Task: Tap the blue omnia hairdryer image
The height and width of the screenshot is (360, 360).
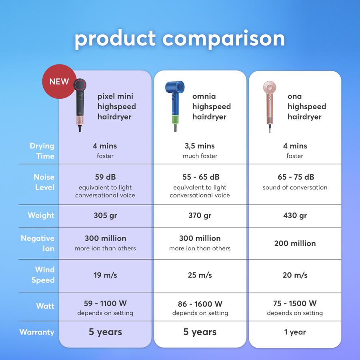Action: coord(175,106)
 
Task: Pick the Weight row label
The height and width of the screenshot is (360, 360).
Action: coord(41,215)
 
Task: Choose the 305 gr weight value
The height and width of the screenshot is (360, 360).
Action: coord(105,215)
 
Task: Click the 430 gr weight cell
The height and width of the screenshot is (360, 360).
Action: coord(295,215)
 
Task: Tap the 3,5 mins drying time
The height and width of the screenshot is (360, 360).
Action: coord(200,146)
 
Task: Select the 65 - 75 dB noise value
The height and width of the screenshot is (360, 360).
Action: coord(296,177)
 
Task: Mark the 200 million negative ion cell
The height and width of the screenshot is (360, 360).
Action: coord(295,243)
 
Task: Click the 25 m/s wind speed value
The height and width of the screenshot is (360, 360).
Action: coord(200,275)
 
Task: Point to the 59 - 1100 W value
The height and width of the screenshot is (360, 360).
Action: coord(105,303)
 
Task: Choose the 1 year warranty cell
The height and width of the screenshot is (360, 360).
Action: coord(295,332)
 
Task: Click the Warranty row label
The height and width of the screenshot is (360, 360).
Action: coord(37,332)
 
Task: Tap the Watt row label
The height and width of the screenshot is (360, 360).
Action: coord(45,306)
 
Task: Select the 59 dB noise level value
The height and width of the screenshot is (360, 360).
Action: coord(105,177)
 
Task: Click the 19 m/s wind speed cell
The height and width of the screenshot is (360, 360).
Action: coord(105,275)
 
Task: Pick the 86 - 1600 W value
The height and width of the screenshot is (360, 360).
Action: coord(200,304)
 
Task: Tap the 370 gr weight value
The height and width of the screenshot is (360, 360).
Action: coord(200,215)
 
